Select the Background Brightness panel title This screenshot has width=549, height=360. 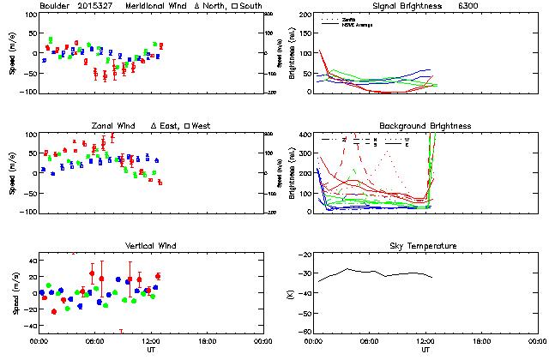point(425,126)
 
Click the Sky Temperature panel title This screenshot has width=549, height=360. point(425,246)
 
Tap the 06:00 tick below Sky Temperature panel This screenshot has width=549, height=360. point(370,341)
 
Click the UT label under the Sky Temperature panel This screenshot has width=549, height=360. point(425,351)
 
